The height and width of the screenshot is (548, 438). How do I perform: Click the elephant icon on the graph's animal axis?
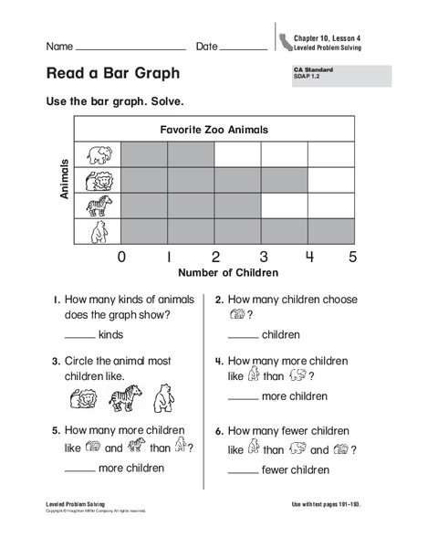pyautogui.click(x=98, y=154)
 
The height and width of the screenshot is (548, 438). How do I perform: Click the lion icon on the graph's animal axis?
pyautogui.click(x=98, y=180)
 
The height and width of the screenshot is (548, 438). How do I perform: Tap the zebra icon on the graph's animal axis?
pyautogui.click(x=98, y=205)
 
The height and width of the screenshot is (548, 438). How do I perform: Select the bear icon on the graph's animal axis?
pyautogui.click(x=98, y=232)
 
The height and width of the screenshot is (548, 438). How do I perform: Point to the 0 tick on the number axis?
pyautogui.click(x=121, y=257)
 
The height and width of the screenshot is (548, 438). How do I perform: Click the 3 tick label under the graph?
pyautogui.click(x=263, y=257)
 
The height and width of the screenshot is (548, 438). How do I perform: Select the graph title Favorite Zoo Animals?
pyautogui.click(x=214, y=130)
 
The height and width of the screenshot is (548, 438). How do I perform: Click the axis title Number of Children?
pyautogui.click(x=228, y=272)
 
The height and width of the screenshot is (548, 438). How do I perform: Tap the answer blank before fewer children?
pyautogui.click(x=242, y=473)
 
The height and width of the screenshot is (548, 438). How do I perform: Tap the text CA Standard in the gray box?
pyautogui.click(x=313, y=69)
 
